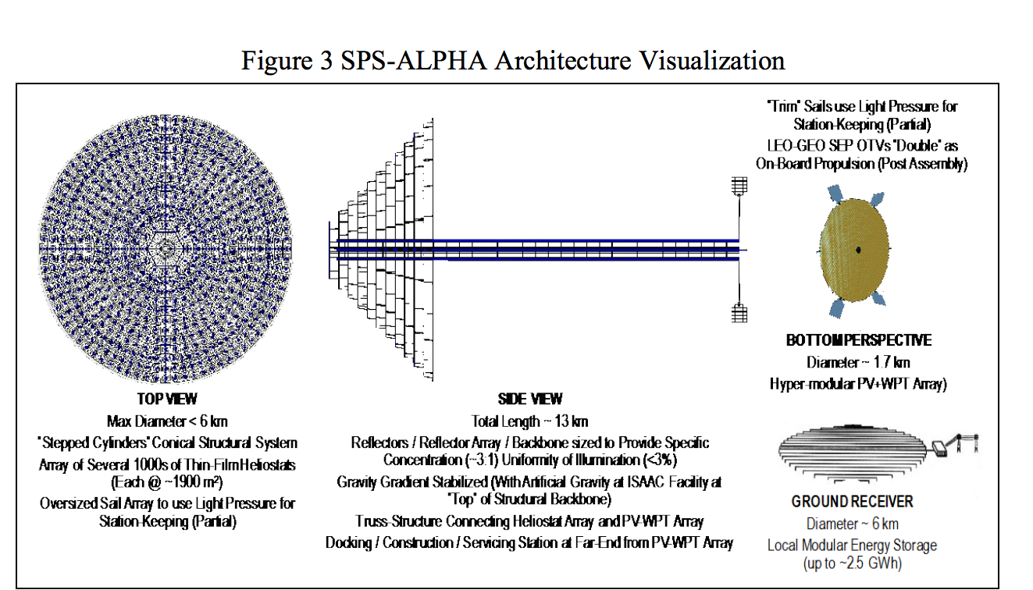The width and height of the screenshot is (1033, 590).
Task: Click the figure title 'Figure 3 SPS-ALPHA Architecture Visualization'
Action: pyautogui.click(x=512, y=60)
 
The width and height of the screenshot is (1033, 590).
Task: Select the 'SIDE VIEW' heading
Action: pyautogui.click(x=529, y=400)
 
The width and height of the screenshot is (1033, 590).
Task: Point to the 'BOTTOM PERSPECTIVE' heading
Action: pyautogui.click(x=858, y=341)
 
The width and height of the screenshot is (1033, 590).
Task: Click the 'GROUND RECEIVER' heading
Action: pyautogui.click(x=852, y=502)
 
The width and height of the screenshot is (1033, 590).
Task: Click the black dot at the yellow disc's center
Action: pyautogui.click(x=858, y=249)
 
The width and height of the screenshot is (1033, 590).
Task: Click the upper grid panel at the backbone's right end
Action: pyautogui.click(x=739, y=186)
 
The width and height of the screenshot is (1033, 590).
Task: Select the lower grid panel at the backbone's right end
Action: pyautogui.click(x=739, y=313)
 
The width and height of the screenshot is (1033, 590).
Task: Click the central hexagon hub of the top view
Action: pyautogui.click(x=166, y=248)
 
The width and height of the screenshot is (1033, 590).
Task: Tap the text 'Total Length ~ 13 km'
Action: pyautogui.click(x=529, y=421)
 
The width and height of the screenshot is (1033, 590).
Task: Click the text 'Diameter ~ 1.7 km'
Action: pyautogui.click(x=858, y=362)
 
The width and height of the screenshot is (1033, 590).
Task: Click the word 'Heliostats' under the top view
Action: pyautogui.click(x=261, y=464)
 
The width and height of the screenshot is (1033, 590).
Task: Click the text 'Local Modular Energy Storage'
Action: pyautogui.click(x=852, y=545)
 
